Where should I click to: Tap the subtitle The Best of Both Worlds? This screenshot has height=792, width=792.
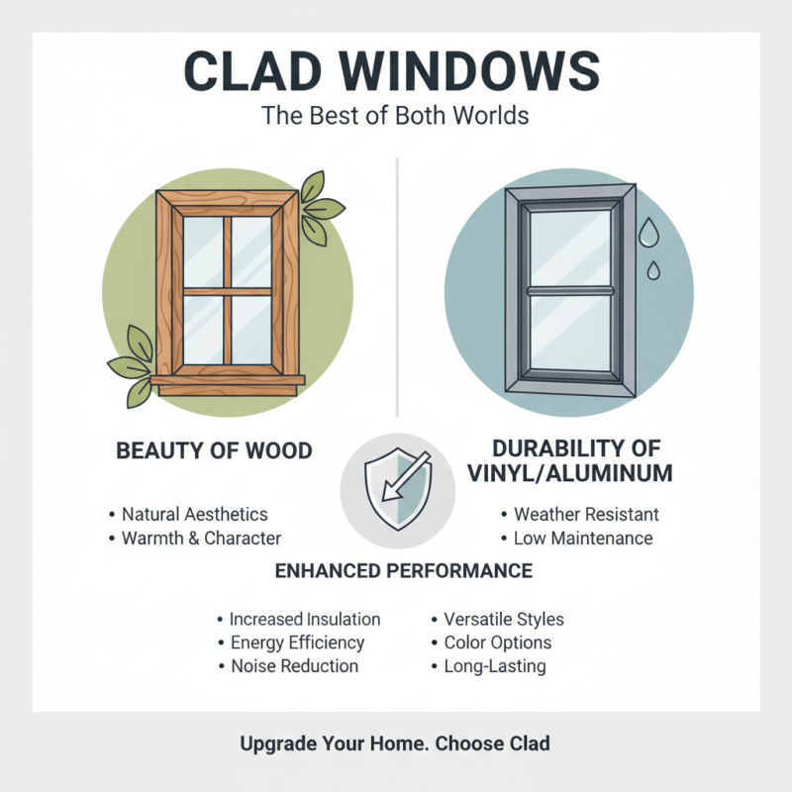pos(395,115)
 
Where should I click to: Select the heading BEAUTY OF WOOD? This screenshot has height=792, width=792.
pos(214,451)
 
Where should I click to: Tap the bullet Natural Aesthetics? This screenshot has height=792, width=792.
pos(194,515)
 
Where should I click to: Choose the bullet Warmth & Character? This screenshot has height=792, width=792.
pos(201,539)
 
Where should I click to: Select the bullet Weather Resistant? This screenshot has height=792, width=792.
pos(586,515)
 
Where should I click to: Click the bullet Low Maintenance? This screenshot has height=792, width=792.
pos(583,539)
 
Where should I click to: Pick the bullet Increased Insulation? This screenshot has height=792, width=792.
pos(304,619)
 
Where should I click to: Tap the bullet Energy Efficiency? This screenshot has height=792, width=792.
pos(297,643)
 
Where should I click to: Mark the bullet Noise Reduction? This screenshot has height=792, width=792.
pos(294,666)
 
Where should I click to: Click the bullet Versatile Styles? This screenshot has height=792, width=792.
pos(503,619)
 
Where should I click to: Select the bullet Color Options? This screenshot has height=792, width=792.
pos(497,643)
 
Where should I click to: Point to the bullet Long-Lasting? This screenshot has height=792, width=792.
pos(494,666)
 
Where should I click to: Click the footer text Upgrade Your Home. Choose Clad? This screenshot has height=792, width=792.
pos(395,743)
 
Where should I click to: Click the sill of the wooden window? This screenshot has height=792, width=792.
pos(227,381)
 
